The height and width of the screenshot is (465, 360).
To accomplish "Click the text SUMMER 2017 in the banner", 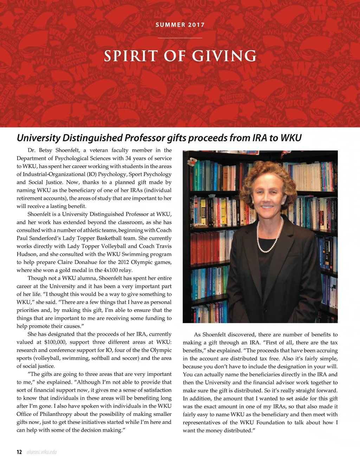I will (180, 25).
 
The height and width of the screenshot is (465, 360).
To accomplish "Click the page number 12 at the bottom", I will (19, 452).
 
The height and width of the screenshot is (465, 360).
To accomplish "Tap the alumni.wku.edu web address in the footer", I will (41, 452).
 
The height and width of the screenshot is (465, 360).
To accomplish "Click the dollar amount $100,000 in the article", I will (56, 342).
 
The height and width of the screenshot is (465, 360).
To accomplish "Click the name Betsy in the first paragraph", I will (45, 150).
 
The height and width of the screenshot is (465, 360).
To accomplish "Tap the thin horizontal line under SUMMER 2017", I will (180, 38).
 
